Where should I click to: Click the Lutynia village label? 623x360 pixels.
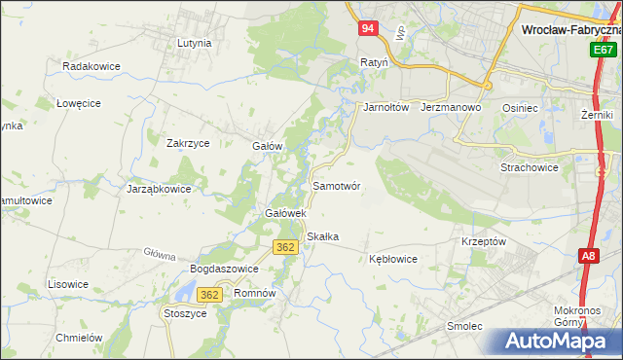195,43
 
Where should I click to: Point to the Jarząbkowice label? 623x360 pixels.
159,189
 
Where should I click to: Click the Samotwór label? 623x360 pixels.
337,185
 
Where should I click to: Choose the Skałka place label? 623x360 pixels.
322,236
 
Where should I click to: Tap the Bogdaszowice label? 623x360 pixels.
224,269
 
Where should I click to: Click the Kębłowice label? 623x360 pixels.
393,259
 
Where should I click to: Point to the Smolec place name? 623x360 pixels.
464,326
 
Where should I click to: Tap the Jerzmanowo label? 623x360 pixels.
452,107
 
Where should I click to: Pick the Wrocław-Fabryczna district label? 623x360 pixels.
571,30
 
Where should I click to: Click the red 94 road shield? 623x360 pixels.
366,29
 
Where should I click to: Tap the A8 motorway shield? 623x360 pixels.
588,256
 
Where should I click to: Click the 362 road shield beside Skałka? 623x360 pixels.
284,247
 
